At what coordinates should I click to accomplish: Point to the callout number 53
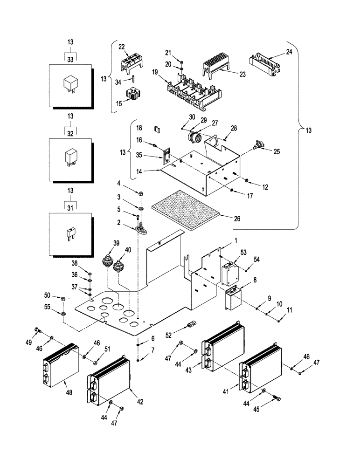pos(242,252)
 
